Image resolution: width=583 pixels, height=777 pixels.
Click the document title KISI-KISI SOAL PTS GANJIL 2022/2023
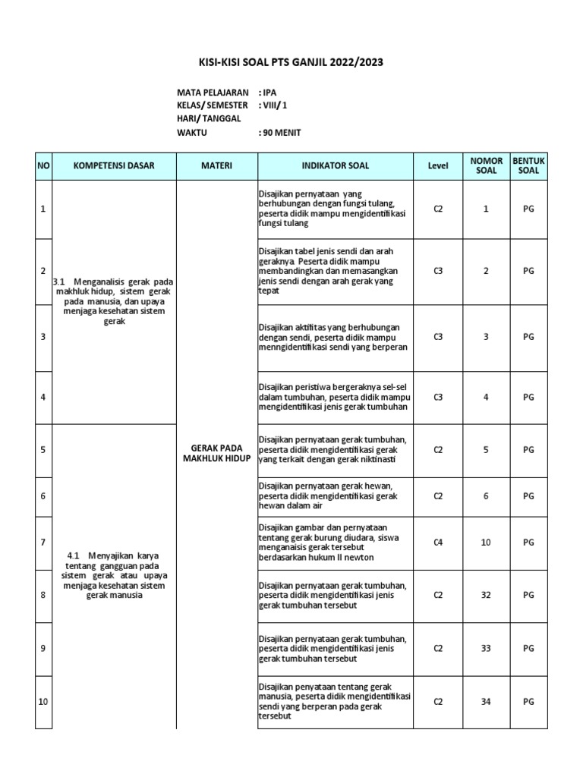291,62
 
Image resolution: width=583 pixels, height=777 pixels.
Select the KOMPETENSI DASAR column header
114,165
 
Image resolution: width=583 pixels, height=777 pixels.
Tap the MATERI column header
216,165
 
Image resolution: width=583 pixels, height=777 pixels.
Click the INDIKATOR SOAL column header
336,165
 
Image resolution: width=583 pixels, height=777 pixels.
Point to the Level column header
438,165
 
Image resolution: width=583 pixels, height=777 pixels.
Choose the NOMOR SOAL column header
486,165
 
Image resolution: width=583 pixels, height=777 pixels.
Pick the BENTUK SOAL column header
528,165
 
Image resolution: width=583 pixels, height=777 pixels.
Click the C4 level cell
438,543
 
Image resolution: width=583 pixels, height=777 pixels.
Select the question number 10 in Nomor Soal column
486,543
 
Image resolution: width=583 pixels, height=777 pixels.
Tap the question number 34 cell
486,702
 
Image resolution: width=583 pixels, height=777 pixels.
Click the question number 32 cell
486,596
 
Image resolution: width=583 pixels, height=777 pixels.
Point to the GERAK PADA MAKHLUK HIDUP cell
216,454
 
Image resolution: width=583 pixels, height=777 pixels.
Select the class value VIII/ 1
275,105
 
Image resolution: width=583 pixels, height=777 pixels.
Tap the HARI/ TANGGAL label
209,119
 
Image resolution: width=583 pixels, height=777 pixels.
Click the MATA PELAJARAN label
213,92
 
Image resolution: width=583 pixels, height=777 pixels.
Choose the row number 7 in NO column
43,543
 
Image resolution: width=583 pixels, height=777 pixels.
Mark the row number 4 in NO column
43,397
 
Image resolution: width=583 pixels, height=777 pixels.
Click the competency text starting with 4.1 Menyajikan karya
114,574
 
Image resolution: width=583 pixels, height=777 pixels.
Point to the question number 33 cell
486,649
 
